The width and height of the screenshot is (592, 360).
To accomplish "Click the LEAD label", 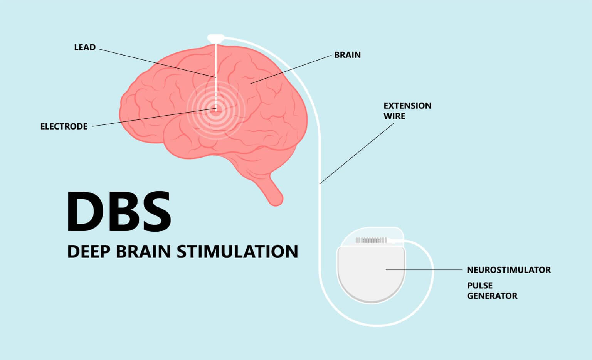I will click(x=85, y=47).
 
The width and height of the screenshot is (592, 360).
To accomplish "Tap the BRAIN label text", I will click(x=347, y=55).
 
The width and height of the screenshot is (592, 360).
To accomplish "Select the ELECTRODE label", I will click(x=64, y=126).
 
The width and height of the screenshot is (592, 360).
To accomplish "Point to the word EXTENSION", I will click(x=407, y=106).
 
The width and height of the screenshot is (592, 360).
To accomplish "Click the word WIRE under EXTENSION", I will click(x=394, y=116).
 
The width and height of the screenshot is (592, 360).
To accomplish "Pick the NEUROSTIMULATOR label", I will click(x=509, y=270).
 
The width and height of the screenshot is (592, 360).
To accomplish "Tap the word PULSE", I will click(x=480, y=286).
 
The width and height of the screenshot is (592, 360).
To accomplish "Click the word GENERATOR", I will click(x=492, y=296).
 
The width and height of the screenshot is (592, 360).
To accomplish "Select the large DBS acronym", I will click(x=119, y=211).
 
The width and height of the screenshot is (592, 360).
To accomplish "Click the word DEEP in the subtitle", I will click(x=89, y=252).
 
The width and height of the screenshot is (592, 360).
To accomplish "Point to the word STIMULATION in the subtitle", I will click(x=237, y=252).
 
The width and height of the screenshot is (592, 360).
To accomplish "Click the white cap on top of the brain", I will click(x=216, y=38).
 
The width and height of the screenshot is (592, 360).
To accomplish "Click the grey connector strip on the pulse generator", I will click(x=371, y=240).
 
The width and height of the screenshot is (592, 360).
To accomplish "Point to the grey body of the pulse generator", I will click(x=371, y=276).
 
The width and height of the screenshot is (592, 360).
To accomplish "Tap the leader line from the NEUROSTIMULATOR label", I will click(x=424, y=270).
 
